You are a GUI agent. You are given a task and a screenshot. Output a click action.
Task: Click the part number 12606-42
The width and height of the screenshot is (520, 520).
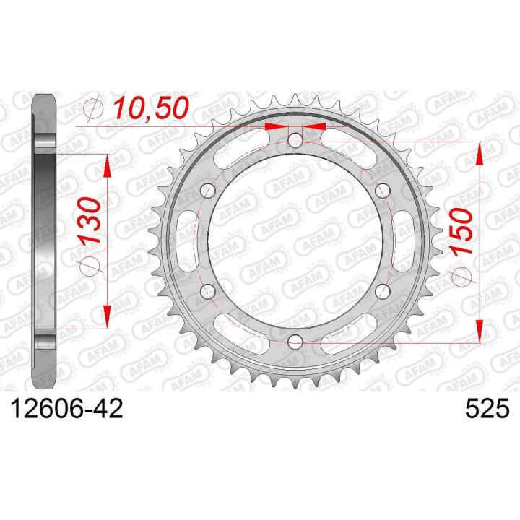67,408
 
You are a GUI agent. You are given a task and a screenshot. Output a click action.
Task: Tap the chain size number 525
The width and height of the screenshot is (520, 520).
487,408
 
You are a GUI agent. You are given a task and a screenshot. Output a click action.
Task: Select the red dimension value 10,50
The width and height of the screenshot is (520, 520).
151,108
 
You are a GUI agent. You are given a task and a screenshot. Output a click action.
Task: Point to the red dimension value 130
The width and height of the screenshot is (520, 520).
89,220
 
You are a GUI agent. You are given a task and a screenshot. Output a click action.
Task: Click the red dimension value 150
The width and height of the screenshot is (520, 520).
461,231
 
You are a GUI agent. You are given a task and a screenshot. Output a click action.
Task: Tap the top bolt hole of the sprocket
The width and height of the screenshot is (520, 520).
295,140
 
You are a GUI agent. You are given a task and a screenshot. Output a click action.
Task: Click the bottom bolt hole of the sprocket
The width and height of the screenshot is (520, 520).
295,341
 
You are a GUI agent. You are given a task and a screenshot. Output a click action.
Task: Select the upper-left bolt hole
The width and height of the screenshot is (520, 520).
208,191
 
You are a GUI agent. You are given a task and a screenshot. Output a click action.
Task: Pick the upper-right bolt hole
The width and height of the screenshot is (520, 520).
382,190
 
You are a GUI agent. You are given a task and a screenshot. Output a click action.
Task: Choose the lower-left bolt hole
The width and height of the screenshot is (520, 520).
208,291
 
